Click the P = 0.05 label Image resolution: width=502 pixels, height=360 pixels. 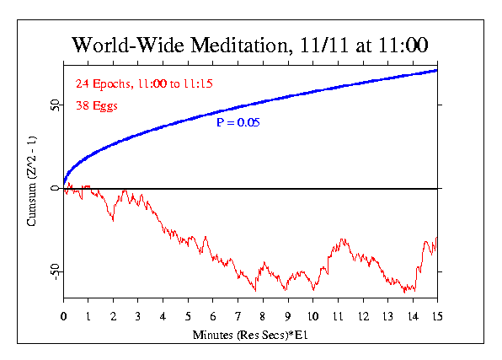pos(238,122)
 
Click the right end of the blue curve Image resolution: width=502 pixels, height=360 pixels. pos(436,70)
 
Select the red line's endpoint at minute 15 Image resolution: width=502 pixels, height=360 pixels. pos(436,238)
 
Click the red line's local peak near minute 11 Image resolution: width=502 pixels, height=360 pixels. pos(342,239)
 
